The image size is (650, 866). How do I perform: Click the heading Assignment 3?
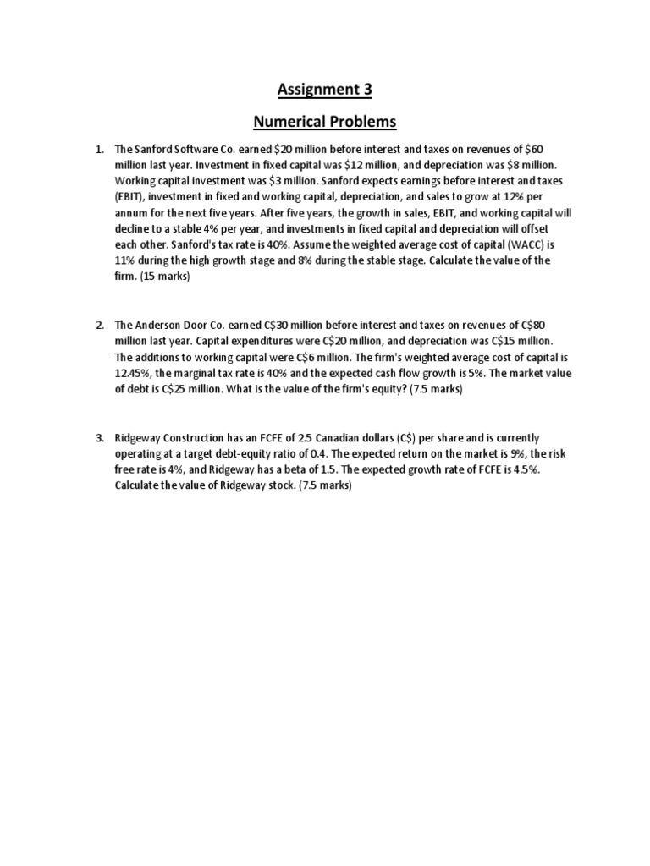325,89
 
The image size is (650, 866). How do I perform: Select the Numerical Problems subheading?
325,122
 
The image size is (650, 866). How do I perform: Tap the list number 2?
99,325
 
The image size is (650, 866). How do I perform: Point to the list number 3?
99,438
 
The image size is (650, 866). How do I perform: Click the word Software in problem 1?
196,150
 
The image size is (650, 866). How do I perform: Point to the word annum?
134,213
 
